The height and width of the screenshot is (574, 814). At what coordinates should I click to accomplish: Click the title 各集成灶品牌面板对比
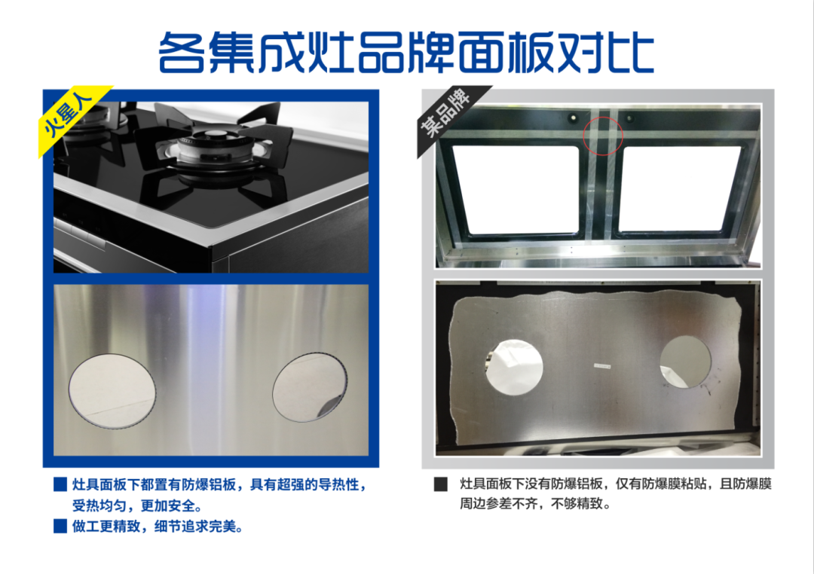click(x=405, y=53)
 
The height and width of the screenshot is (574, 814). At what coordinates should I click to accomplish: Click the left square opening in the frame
click(x=516, y=190)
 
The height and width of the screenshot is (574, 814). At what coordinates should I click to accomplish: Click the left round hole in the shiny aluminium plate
click(x=112, y=391)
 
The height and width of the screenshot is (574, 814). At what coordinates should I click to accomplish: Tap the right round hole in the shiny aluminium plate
click(x=310, y=386)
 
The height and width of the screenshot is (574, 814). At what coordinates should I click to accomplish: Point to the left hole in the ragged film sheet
click(x=514, y=367)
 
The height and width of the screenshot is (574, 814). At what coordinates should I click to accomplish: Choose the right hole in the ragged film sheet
click(x=685, y=362)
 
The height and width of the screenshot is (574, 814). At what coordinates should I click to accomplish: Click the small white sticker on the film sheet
click(x=602, y=366)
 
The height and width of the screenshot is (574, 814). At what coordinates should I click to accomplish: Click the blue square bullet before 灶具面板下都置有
click(x=60, y=484)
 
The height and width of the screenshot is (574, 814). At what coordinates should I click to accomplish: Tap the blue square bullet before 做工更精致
click(x=60, y=527)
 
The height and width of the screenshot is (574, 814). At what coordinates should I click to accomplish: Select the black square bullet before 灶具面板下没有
click(x=440, y=484)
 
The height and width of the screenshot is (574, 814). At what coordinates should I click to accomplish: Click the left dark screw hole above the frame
click(x=573, y=117)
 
